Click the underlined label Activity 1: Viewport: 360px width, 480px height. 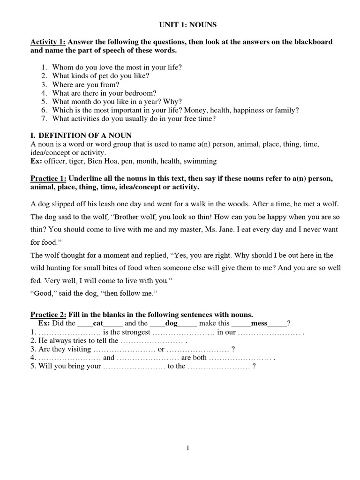click(48, 42)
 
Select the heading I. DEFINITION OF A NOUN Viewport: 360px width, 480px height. click(81, 135)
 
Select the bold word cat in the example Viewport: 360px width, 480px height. click(98, 323)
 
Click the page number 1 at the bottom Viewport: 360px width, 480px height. click(188, 448)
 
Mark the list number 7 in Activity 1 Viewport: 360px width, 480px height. click(43, 119)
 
